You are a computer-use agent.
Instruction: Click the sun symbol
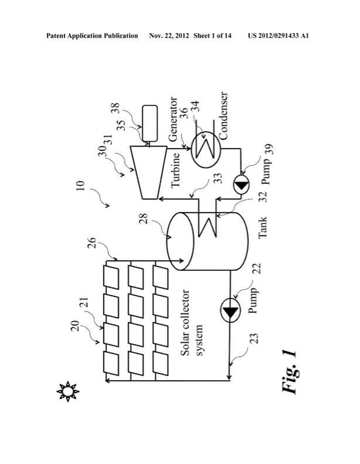tap(69, 390)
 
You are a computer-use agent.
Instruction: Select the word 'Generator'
tap(176, 124)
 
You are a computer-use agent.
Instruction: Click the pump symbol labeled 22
tap(230, 309)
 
